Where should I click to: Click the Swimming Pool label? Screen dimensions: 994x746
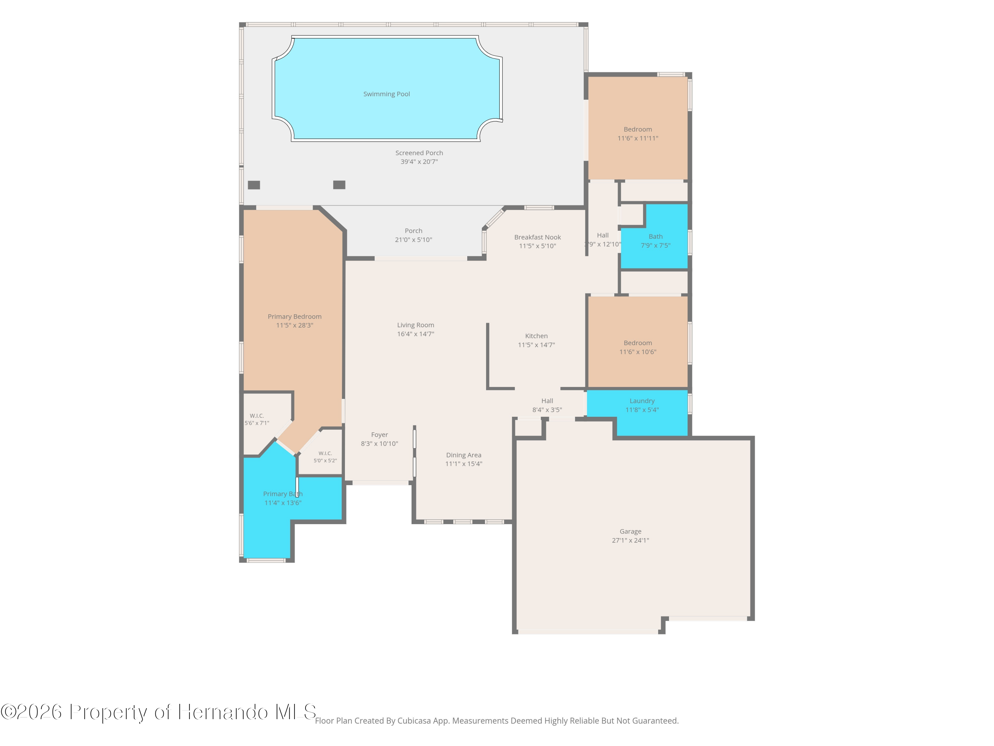point(386,94)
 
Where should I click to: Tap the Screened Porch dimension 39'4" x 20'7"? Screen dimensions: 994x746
point(419,162)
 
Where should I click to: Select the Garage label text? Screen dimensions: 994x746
point(631,531)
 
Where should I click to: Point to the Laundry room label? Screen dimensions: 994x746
point(642,401)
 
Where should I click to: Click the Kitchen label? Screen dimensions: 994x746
point(536,336)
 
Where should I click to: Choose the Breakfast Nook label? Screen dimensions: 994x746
point(537,237)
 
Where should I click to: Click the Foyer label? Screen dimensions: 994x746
point(379,435)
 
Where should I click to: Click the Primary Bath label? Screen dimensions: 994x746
point(283,494)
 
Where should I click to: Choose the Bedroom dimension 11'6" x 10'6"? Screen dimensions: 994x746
point(638,352)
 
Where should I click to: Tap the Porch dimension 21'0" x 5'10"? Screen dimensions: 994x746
point(414,240)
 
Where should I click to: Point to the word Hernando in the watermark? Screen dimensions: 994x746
point(223,712)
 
